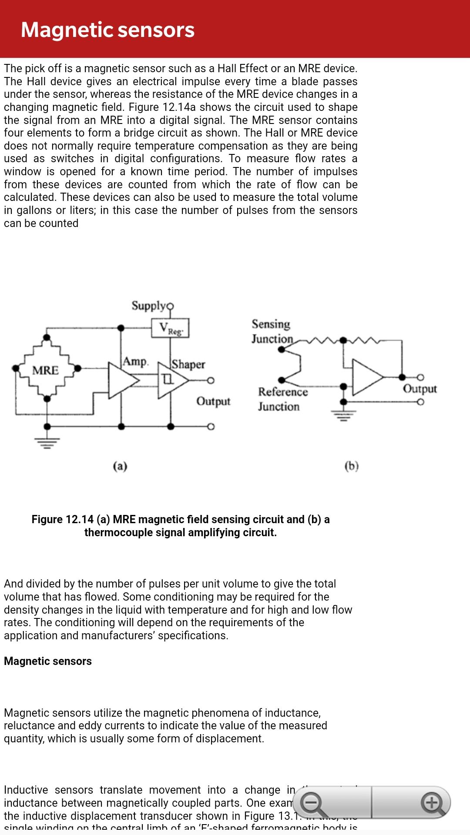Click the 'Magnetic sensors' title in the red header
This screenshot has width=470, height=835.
coord(107,30)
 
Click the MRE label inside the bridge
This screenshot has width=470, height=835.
coord(45,371)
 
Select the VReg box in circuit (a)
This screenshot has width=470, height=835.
coord(170,328)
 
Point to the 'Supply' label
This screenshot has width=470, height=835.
coord(149,306)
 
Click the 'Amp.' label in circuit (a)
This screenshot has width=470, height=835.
coord(136,361)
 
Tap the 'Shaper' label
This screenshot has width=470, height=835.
coord(188,364)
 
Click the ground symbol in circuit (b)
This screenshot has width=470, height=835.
coord(344,415)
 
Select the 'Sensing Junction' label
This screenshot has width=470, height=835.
coord(272,331)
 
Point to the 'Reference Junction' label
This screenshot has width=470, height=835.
coord(282,399)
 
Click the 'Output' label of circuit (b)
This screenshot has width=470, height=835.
coord(420,388)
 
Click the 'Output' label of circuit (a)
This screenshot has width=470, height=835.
coord(213,401)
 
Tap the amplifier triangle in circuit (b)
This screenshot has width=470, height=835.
coord(366,377)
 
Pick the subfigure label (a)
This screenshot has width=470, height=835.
coord(120,466)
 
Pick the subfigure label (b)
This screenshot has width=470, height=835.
coord(351,466)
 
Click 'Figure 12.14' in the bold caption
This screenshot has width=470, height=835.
coord(63,519)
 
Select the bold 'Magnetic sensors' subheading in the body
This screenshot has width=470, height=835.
coord(48,661)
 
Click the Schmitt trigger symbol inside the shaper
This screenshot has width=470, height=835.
coord(168,380)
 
